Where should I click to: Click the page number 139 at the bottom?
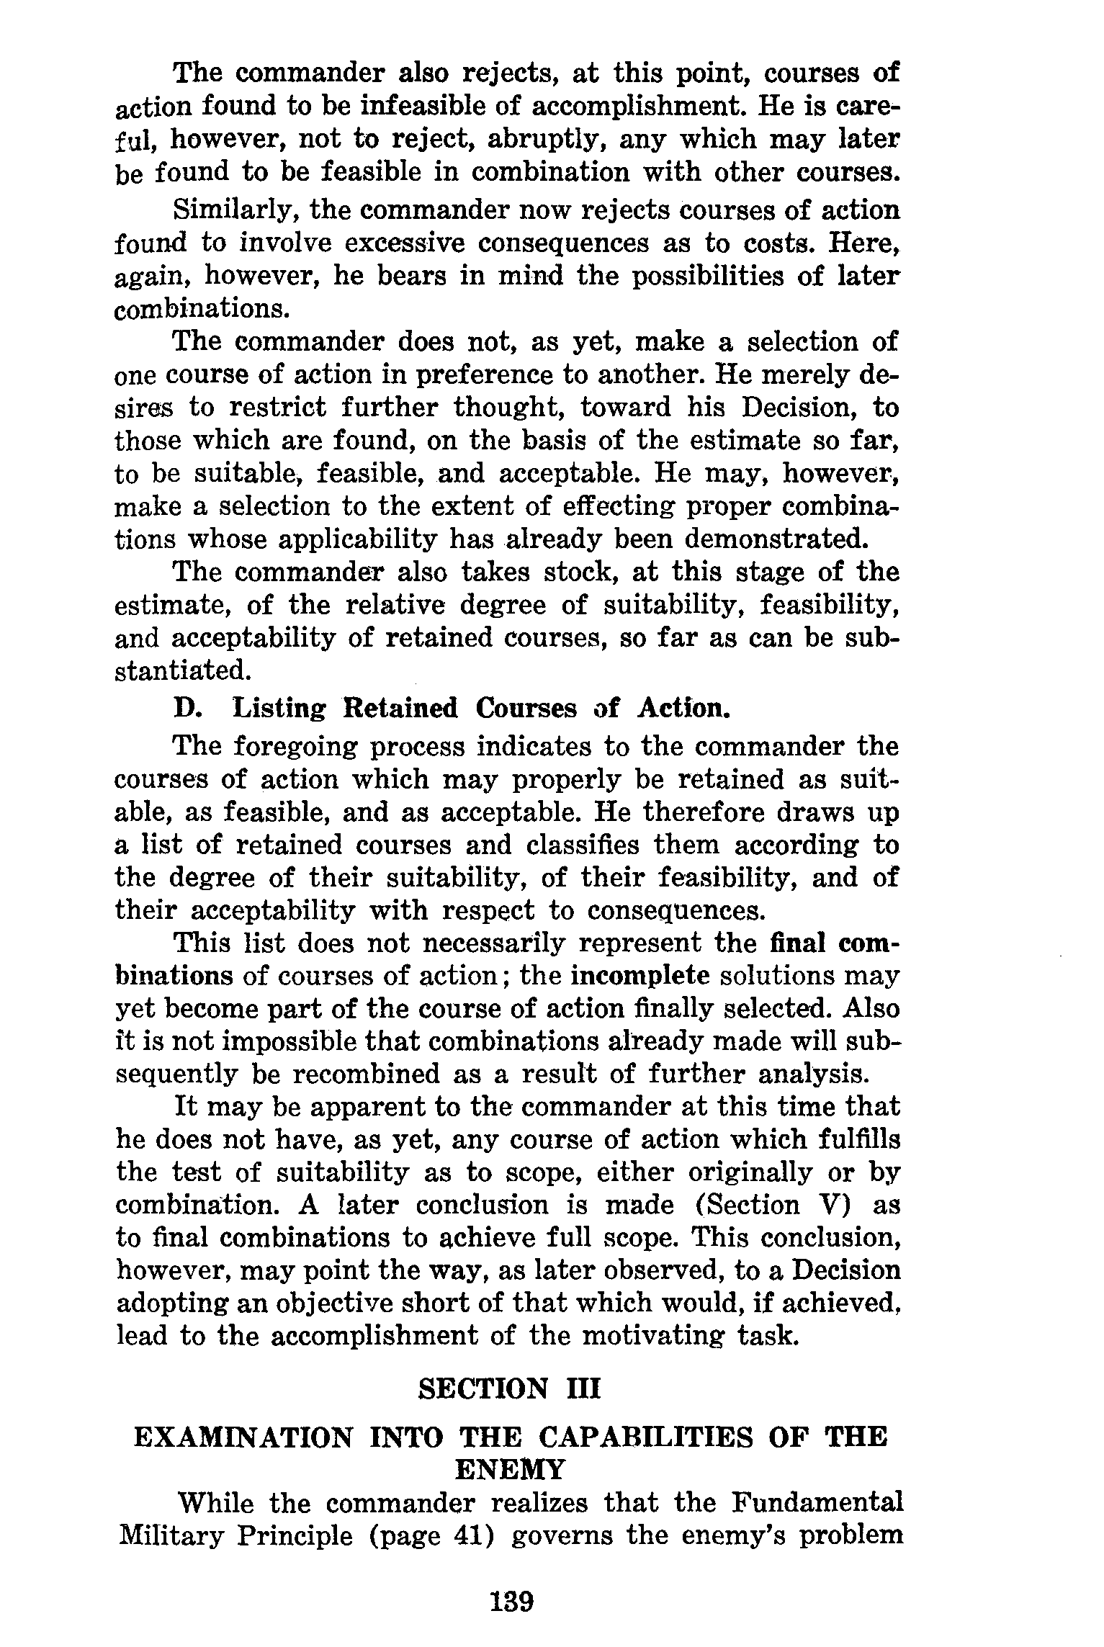(511, 1603)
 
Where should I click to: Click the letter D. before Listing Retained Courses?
(189, 708)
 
